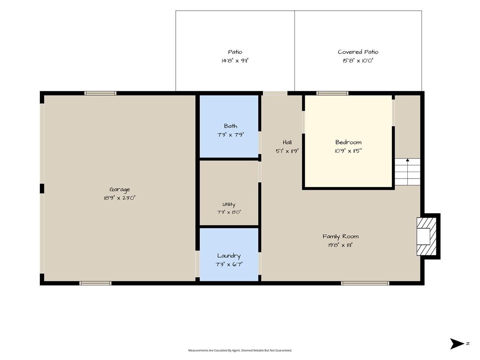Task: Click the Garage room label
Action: point(120,190)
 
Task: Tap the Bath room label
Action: point(231,126)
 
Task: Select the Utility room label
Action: point(229,204)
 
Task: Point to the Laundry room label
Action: point(229,256)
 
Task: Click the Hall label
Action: point(287,142)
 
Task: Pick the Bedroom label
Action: point(348,142)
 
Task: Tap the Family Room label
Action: point(340,236)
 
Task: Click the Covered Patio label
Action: point(358,52)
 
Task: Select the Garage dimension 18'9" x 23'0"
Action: point(120,198)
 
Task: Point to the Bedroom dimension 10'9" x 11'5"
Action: point(348,150)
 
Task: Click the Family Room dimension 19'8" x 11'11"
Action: point(340,245)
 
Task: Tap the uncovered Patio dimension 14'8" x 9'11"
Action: point(235,60)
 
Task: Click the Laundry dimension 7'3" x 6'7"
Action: point(229,264)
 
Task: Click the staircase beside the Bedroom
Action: point(407,172)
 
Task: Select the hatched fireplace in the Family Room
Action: point(426,236)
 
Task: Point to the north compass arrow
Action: point(457,344)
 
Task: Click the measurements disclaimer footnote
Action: point(240,350)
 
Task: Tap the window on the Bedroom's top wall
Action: point(332,93)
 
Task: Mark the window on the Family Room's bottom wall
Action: point(365,283)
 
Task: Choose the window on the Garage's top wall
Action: point(100,93)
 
